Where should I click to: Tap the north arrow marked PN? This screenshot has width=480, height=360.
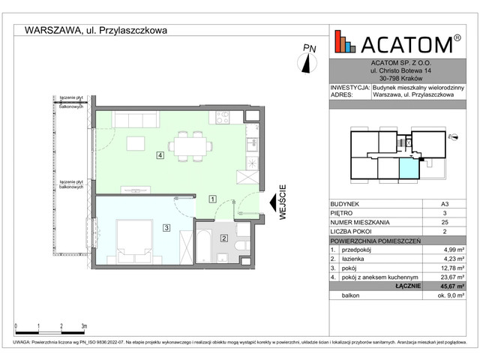coord(307,60)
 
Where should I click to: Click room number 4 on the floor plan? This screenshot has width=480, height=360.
coord(160,155)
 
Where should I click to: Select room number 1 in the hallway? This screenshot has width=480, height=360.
coord(213,199)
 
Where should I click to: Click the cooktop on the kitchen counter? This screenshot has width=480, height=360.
coord(223,116)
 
